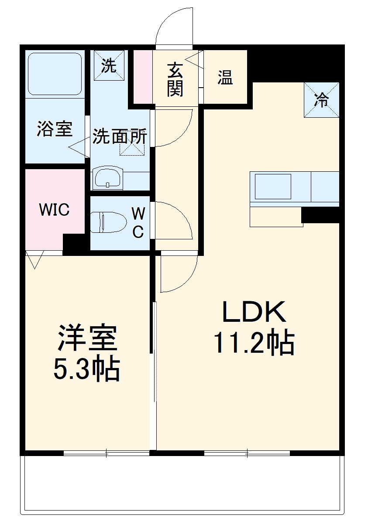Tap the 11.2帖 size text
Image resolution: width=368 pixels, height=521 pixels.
(x=254, y=343)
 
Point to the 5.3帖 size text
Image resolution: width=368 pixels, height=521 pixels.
(x=86, y=369)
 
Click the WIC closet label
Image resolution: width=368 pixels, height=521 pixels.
(x=54, y=210)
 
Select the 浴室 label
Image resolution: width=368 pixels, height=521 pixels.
(x=54, y=129)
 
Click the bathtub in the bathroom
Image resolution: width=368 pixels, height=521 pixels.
(x=55, y=74)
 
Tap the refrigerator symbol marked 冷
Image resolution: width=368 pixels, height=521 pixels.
(x=321, y=100)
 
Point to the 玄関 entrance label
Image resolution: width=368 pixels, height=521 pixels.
(x=175, y=79)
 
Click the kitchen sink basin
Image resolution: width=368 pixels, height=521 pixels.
(x=273, y=187)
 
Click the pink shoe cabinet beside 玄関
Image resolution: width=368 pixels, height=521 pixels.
(x=143, y=77)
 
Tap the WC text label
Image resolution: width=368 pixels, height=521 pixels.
(x=138, y=223)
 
